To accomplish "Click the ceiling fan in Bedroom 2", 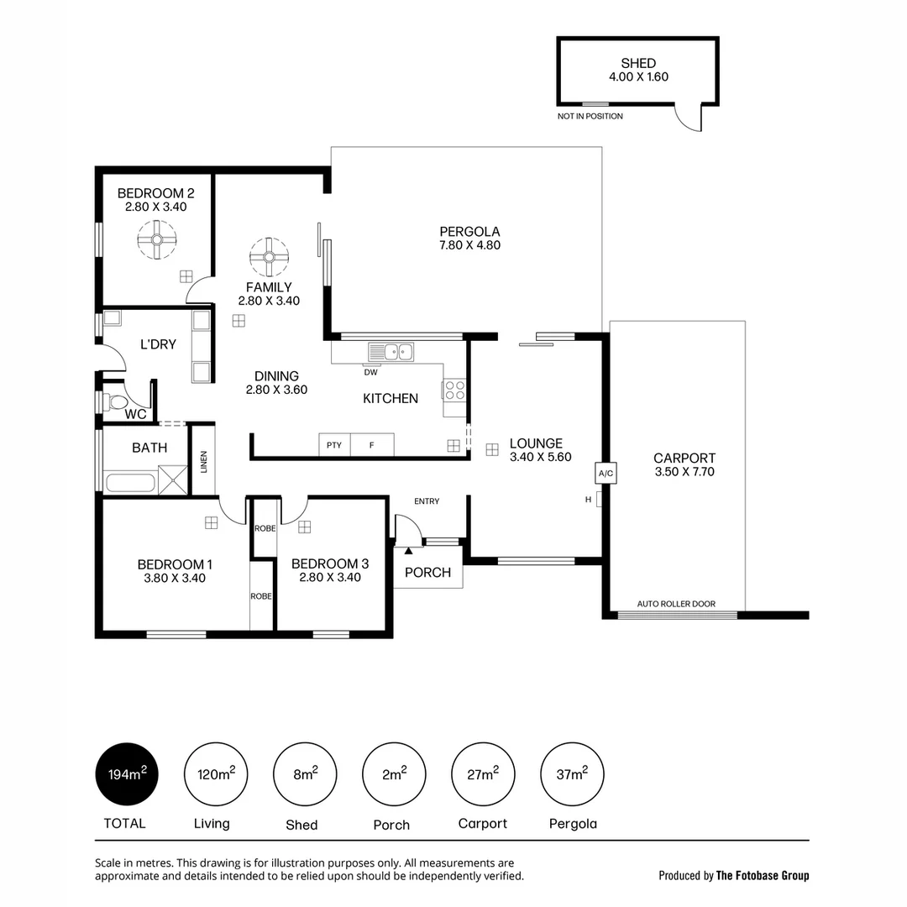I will point(156,240).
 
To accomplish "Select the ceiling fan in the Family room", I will point(269,257).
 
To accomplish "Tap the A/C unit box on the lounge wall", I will point(605,473).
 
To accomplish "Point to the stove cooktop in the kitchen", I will point(454,391).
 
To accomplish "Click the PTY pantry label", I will point(334,445).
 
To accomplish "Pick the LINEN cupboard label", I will point(203,461).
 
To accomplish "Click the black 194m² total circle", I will point(126,774).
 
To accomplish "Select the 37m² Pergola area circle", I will point(573,774).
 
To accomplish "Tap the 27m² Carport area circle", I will point(483,774).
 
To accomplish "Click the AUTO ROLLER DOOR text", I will point(676,604).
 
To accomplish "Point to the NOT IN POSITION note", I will point(590,116).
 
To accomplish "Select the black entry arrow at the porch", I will point(409,551).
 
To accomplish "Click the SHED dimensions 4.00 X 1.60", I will point(638,76).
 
